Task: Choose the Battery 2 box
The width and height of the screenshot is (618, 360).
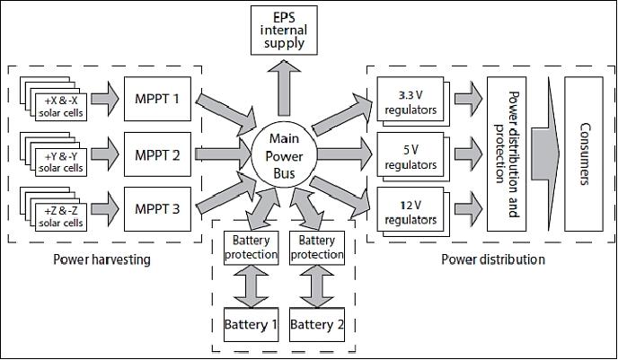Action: tap(318, 324)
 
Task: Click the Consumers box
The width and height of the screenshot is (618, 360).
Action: tap(585, 154)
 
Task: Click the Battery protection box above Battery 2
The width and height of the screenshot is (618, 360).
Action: tap(318, 247)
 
